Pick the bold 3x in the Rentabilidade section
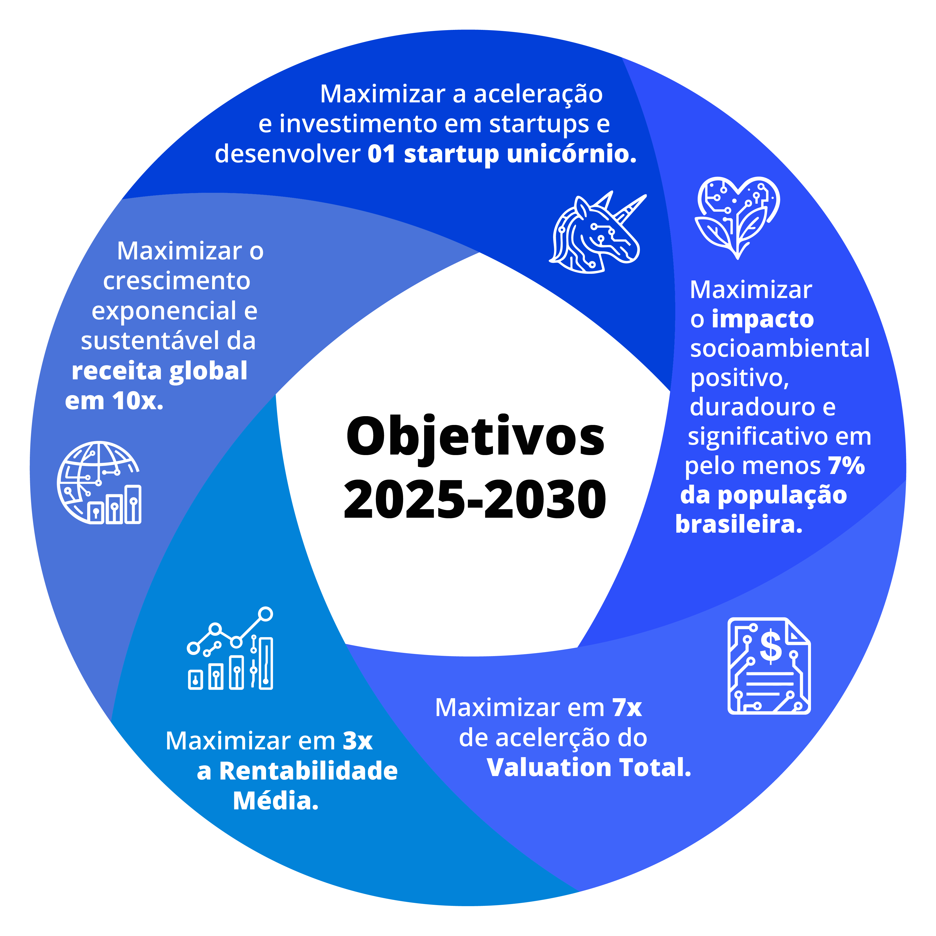pos(357,741)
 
